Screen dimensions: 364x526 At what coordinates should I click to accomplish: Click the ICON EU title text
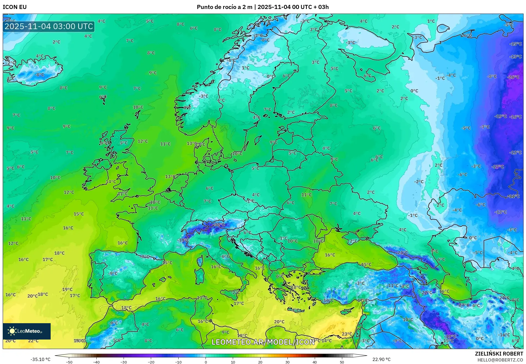coord(15,7)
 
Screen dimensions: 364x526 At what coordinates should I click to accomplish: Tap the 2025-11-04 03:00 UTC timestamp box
coord(49,26)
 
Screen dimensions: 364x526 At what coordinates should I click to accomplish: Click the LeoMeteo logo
coord(27,331)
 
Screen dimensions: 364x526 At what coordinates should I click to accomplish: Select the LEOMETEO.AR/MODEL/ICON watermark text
coord(263,342)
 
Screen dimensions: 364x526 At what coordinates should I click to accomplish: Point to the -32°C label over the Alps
coord(219,224)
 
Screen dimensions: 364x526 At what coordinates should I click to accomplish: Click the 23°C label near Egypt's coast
coord(347,334)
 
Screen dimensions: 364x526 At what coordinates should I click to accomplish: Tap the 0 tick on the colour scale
coord(206,362)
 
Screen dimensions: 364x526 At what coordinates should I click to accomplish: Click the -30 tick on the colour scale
coord(124,362)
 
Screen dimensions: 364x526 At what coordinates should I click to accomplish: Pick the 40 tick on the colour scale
coord(315,362)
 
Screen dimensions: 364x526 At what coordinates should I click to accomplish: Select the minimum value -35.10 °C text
coord(40,359)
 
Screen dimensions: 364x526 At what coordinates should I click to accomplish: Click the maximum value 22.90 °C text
coord(381,359)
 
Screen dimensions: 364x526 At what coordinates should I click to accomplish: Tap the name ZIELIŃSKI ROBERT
coord(499,354)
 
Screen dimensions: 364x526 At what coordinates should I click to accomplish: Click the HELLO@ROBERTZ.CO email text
coord(500,360)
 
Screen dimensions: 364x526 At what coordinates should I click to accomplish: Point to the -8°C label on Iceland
coord(39,75)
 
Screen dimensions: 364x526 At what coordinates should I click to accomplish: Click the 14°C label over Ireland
coord(111,181)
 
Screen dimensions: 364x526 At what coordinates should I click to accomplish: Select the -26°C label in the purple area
coord(513,77)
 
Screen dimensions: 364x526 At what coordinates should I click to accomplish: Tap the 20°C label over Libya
coord(279,322)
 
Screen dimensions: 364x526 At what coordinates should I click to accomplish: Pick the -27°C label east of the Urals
coord(498,167)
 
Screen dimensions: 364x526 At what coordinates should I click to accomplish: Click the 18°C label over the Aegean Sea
coord(296,287)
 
